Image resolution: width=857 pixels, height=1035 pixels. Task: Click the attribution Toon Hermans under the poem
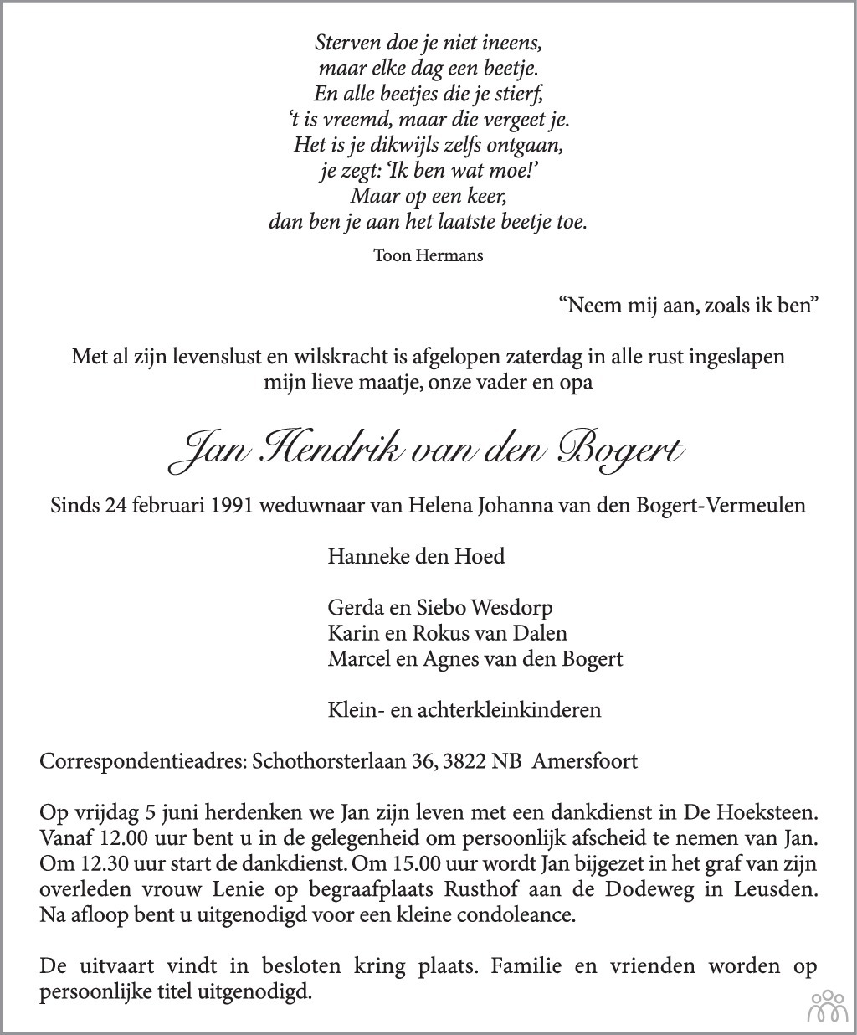[x=428, y=255]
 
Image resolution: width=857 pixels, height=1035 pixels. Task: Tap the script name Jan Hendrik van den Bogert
[x=428, y=451]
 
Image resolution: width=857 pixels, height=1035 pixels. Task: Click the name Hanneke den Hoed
[x=416, y=557]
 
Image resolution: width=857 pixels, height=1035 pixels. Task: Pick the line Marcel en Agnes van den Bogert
[x=475, y=659]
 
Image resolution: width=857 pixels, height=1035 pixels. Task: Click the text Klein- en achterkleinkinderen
[x=464, y=710]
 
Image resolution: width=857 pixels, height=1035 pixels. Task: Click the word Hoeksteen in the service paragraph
[x=767, y=813]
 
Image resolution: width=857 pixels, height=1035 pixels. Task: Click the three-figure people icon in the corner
[x=826, y=1007]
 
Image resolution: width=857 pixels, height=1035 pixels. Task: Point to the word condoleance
[x=519, y=914]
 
